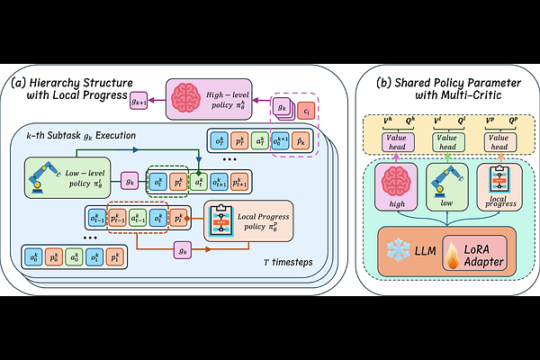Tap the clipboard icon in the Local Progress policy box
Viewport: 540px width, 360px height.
click(223, 220)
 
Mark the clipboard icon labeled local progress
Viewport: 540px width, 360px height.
click(492, 183)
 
